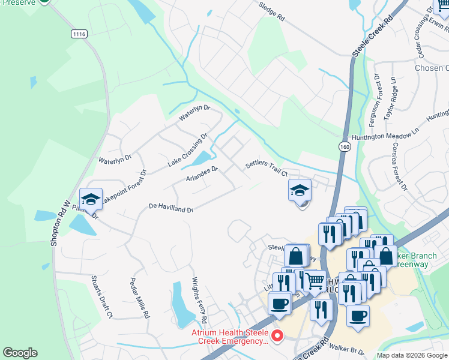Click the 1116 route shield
tap(79, 34)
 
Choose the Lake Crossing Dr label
tap(187, 149)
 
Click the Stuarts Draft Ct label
tap(101, 296)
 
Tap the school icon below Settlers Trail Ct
tap(300, 190)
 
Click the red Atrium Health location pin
tap(277, 337)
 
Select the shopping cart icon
tap(313, 280)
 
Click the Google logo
tap(20, 353)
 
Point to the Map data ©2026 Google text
tap(411, 355)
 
